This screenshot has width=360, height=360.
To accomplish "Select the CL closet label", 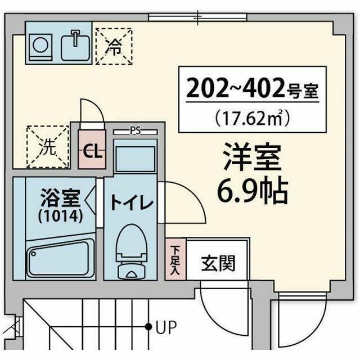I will (92, 151).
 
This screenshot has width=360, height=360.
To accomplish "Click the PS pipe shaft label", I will (135, 132).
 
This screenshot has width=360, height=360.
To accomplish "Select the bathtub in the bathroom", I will (60, 257).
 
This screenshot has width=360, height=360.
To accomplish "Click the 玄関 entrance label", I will (218, 263).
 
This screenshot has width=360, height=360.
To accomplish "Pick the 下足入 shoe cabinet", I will (175, 259).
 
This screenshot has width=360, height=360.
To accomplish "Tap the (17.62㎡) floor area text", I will (251, 117).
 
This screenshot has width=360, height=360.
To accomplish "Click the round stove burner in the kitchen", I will (39, 43).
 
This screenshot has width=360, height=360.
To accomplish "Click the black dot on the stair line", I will (148, 326).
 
